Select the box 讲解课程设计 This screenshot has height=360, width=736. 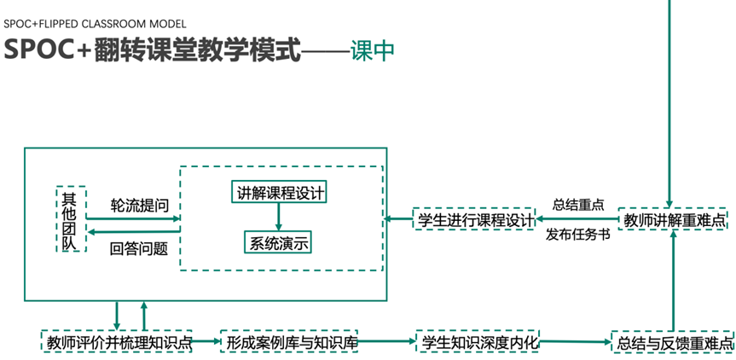[279, 192]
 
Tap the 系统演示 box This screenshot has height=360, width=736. [279, 242]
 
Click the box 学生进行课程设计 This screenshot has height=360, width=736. [473, 219]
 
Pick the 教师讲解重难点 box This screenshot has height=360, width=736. [674, 219]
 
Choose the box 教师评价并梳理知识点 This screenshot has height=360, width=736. [117, 342]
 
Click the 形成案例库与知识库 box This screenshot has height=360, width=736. [291, 342]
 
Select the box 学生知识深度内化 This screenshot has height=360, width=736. [478, 342]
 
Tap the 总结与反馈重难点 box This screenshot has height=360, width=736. [674, 343]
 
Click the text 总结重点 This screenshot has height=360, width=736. [578, 205]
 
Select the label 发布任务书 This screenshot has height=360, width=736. [578, 235]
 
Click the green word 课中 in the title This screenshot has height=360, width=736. [373, 49]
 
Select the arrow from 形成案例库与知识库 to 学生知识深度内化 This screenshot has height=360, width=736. [388, 342]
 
